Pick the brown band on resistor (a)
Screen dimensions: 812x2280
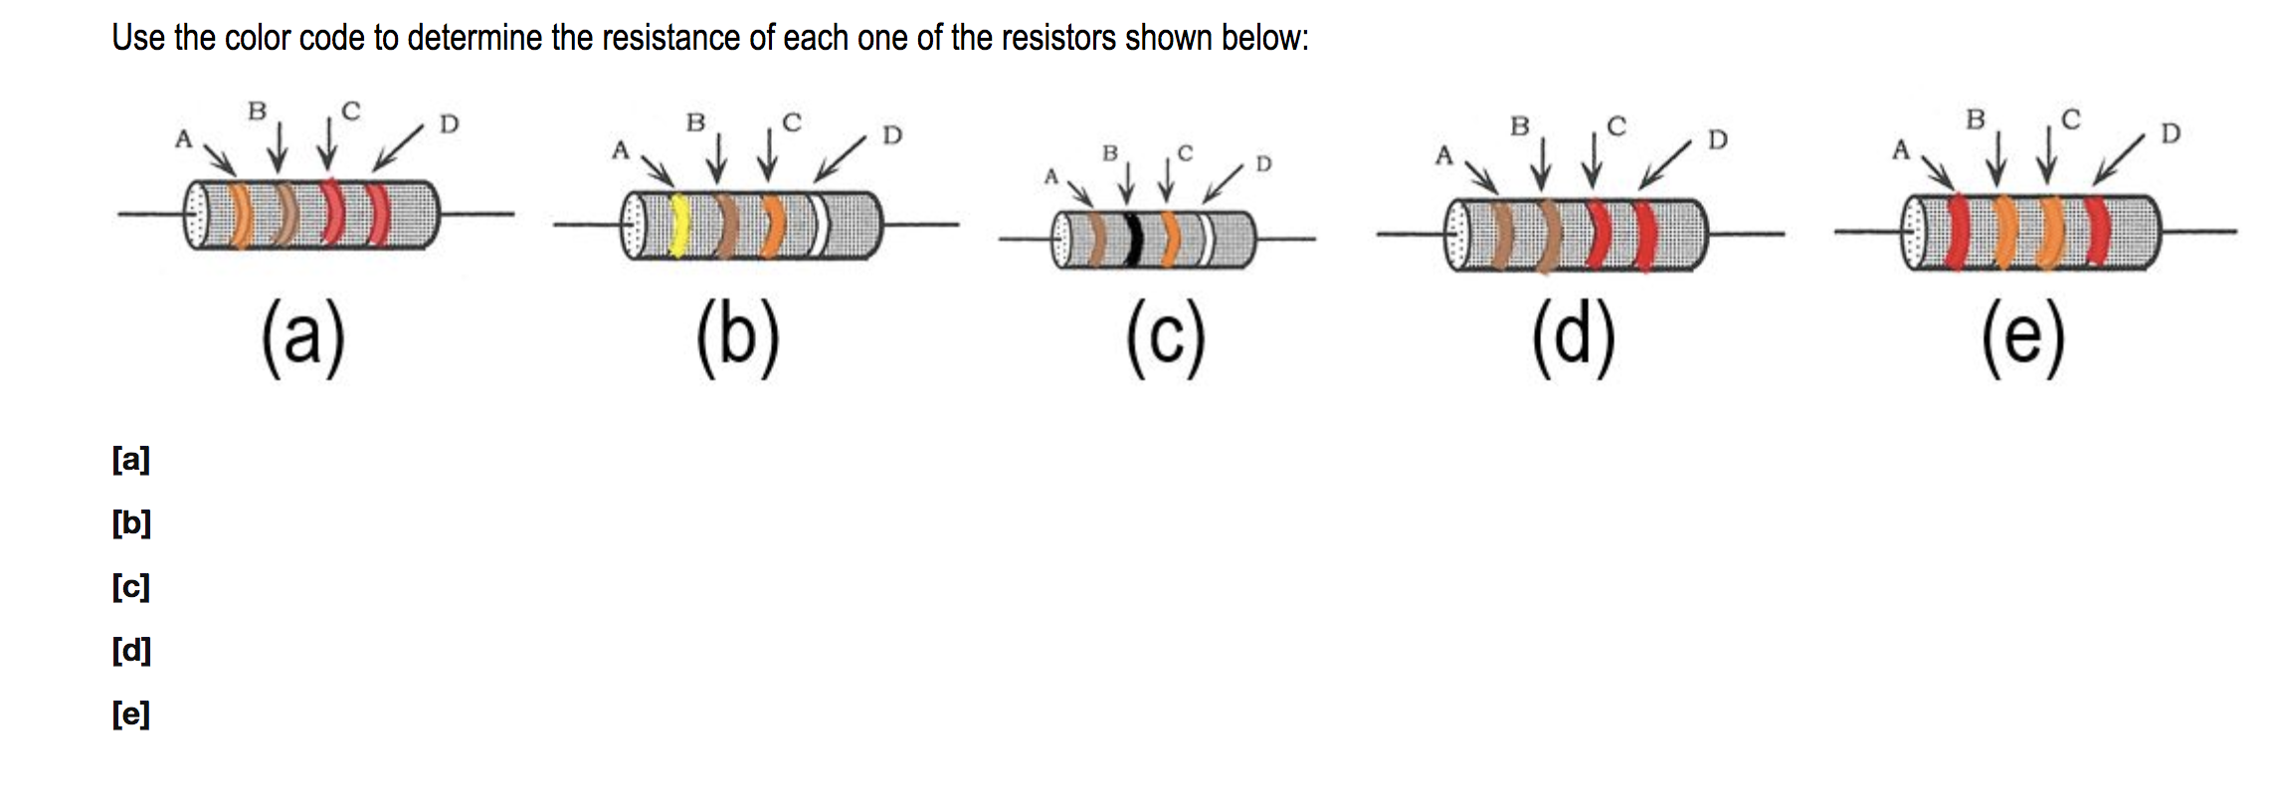[x=285, y=215]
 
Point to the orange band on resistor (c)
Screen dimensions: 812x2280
[x=1172, y=240]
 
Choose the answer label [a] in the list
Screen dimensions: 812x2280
[x=130, y=460]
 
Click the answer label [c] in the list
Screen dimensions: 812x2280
[x=130, y=587]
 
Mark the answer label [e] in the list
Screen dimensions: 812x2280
[x=130, y=714]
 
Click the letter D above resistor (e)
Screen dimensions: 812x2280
[x=2170, y=133]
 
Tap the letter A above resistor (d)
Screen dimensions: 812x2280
[x=1443, y=156]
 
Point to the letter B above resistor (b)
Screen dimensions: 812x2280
[x=695, y=122]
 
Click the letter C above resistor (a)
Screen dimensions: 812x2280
[x=350, y=110]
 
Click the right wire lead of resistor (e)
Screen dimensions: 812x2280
[x=2198, y=232]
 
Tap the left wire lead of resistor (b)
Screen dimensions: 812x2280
[x=587, y=225]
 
